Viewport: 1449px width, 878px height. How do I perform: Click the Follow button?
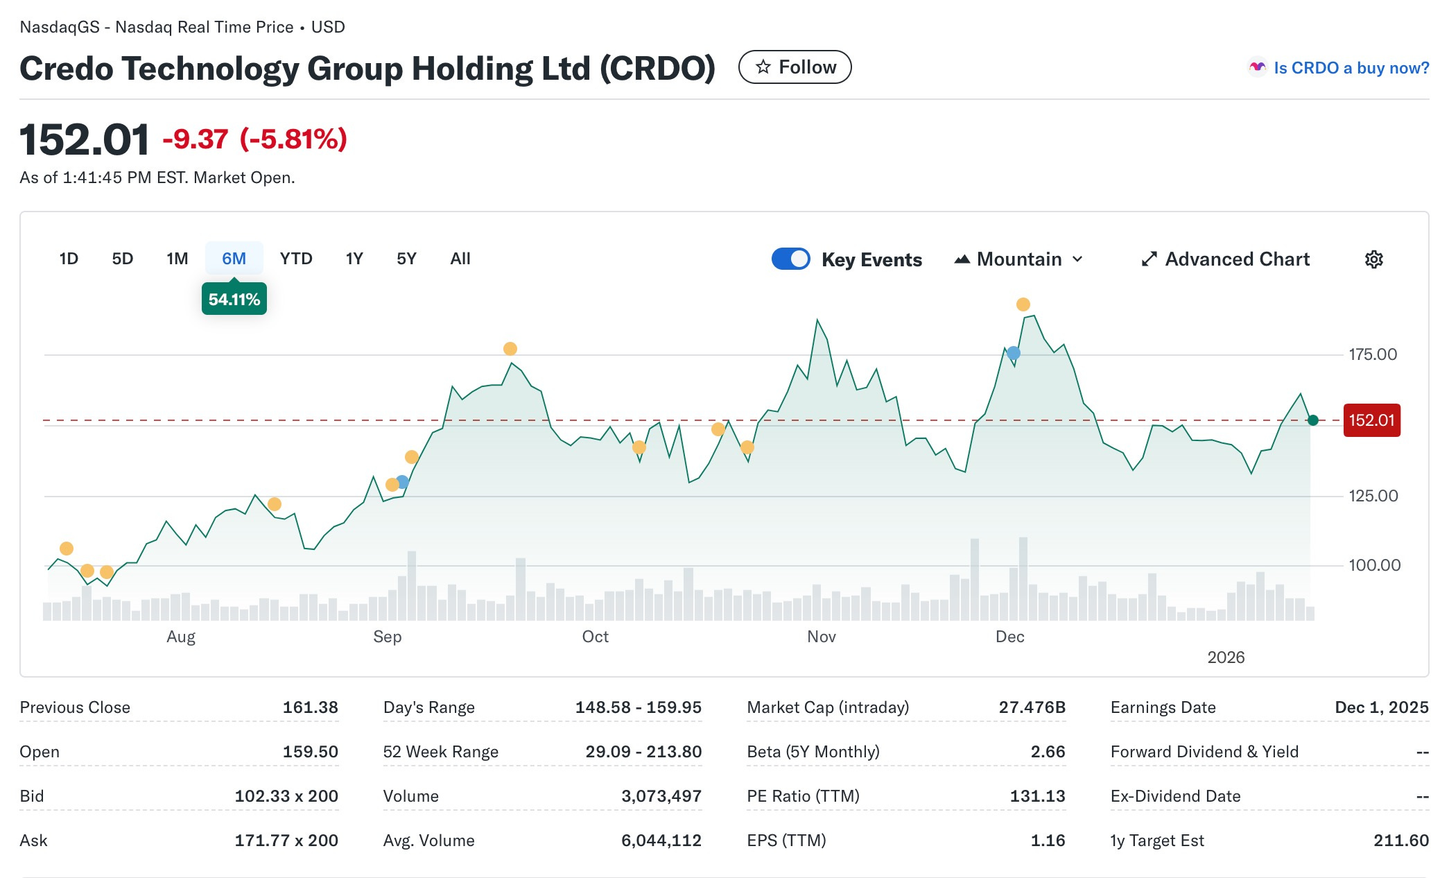pos(795,67)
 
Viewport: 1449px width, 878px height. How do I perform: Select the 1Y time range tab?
pos(354,259)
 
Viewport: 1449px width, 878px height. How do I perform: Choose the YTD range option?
pos(296,259)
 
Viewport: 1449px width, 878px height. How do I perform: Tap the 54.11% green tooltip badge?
pos(234,300)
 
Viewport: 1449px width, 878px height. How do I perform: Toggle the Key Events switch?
pos(790,259)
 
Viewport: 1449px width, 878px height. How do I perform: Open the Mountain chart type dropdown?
pos(1018,259)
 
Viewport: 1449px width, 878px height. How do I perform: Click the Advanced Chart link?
pos(1225,259)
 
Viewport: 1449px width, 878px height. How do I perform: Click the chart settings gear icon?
pos(1373,259)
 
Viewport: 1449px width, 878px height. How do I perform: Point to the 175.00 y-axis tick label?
pos(1372,354)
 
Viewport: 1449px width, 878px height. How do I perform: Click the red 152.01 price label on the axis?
pos(1371,420)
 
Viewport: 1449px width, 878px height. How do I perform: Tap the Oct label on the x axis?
pos(595,637)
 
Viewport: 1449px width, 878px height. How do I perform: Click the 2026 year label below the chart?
pos(1225,657)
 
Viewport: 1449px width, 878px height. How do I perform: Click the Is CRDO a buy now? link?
pos(1351,68)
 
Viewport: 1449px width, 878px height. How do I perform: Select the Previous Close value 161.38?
pos(310,707)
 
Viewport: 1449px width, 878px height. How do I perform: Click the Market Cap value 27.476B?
pos(1032,707)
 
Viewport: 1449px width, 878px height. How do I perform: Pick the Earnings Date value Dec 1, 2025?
pos(1381,707)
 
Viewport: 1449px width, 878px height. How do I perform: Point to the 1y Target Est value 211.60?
pos(1400,841)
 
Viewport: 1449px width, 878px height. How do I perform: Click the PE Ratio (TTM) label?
pos(803,796)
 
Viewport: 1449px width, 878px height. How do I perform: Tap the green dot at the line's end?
pos(1312,420)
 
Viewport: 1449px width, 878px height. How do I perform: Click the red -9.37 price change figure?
pos(196,139)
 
